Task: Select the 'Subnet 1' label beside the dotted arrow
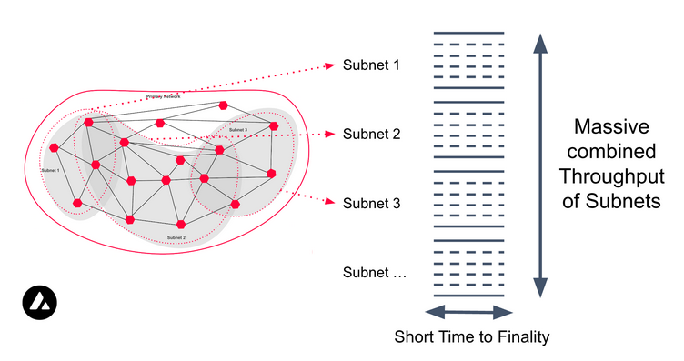[371, 65]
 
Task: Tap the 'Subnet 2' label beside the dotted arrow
[371, 134]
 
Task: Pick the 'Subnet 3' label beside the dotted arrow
[371, 203]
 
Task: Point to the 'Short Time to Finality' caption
[472, 337]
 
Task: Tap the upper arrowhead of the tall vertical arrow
[540, 43]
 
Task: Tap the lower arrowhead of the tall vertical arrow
[540, 287]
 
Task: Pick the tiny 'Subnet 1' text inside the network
[50, 170]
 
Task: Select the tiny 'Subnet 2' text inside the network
[176, 237]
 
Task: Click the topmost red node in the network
[224, 105]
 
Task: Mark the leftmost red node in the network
[55, 147]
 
